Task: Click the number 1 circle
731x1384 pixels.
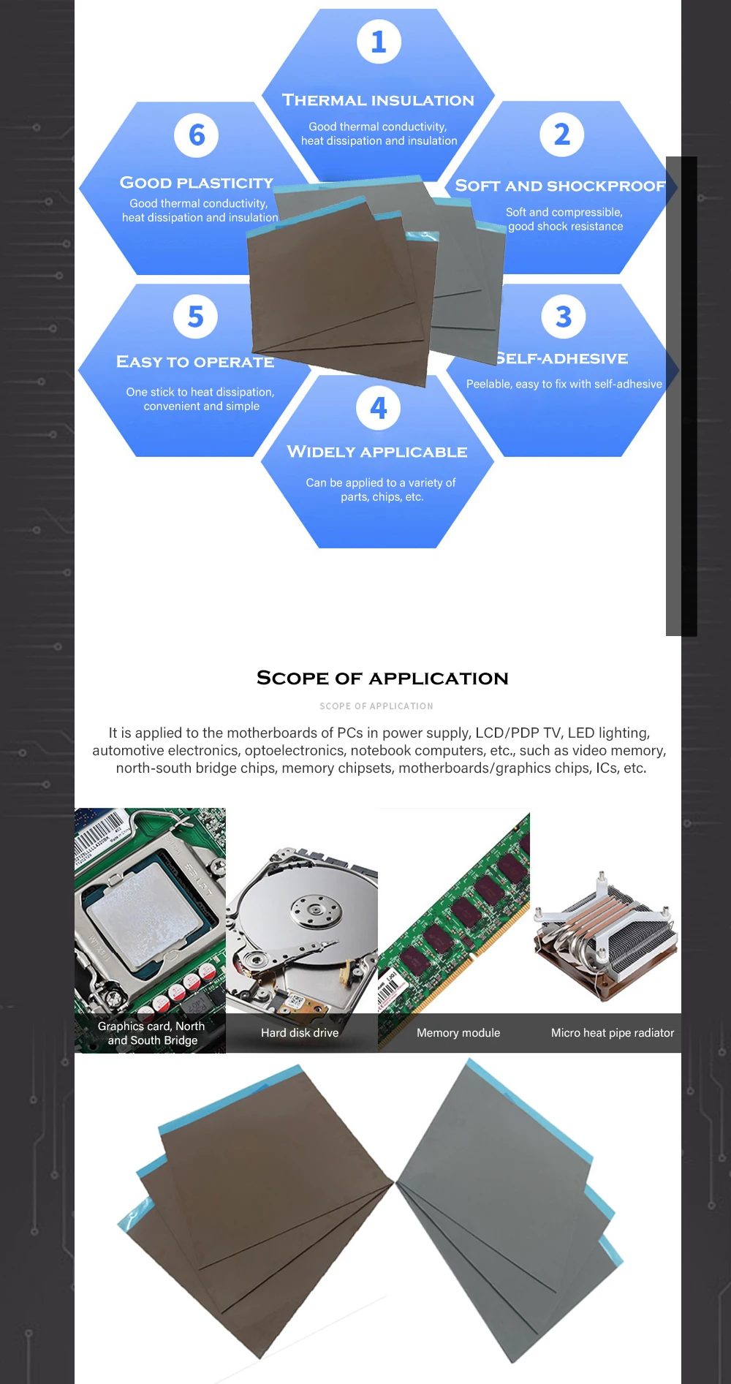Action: coord(379,42)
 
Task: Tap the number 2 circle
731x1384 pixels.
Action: coord(561,135)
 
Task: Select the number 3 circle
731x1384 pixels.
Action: coord(563,317)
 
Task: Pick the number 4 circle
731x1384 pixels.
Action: coord(378,408)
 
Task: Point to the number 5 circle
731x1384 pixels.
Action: coord(195,317)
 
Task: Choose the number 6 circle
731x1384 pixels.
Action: coord(196,135)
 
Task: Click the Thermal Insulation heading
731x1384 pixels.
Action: coord(378,100)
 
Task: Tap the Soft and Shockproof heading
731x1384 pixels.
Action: coord(560,186)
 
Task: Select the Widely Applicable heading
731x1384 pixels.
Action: coord(377,452)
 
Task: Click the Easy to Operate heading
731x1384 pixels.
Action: coord(195,362)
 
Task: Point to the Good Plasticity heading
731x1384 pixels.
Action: coord(196,183)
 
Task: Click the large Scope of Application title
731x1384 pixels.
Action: coord(382,678)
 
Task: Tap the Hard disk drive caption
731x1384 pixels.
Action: coord(300,1032)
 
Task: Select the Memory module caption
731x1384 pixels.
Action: coord(458,1032)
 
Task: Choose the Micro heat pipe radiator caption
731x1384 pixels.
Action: coord(613,1032)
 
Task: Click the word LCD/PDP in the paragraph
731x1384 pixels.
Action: coord(504,733)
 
